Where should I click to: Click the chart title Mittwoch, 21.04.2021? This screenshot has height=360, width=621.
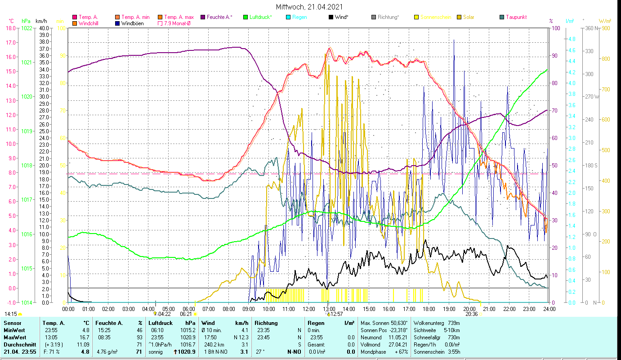pyautogui.click(x=310, y=7)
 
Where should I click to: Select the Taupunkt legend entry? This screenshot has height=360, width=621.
pyautogui.click(x=516, y=17)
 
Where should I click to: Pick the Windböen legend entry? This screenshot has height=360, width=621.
pyautogui.click(x=133, y=23)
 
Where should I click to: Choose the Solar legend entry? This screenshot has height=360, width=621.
pyautogui.click(x=469, y=17)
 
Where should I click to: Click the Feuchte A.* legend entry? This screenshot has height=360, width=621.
pyautogui.click(x=219, y=17)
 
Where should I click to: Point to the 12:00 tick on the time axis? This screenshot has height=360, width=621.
pyautogui.click(x=309, y=309)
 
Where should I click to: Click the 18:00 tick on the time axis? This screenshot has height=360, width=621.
pyautogui.click(x=429, y=309)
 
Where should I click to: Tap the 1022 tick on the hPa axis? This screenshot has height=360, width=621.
pyautogui.click(x=27, y=28)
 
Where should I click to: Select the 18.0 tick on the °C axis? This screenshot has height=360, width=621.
pyautogui.click(x=10, y=28)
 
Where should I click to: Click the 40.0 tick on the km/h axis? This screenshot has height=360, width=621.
pyautogui.click(x=44, y=28)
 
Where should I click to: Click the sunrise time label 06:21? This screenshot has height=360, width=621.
pyautogui.click(x=186, y=314)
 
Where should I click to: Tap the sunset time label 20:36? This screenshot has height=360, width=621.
pyautogui.click(x=471, y=314)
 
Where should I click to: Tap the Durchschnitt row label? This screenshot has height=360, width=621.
pyautogui.click(x=20, y=344)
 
